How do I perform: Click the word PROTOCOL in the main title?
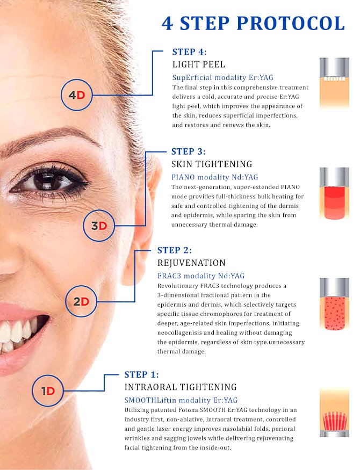[x=291, y=24]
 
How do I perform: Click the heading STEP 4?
[x=190, y=52]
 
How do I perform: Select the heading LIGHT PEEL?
[x=198, y=64]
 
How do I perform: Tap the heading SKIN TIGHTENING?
[x=212, y=164]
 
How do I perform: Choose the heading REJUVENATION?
[x=191, y=263]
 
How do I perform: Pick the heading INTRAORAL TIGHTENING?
[x=181, y=387]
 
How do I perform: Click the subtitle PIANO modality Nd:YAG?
[x=214, y=177]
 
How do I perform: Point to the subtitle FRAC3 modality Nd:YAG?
[x=201, y=276]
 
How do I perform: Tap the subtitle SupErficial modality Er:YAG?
[x=222, y=78]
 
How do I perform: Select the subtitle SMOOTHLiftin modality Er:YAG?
[x=181, y=400]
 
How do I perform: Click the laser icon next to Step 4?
[x=334, y=83]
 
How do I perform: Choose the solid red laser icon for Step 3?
[x=334, y=193]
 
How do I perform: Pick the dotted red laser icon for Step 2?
[x=334, y=304]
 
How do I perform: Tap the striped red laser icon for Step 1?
[x=334, y=413]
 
